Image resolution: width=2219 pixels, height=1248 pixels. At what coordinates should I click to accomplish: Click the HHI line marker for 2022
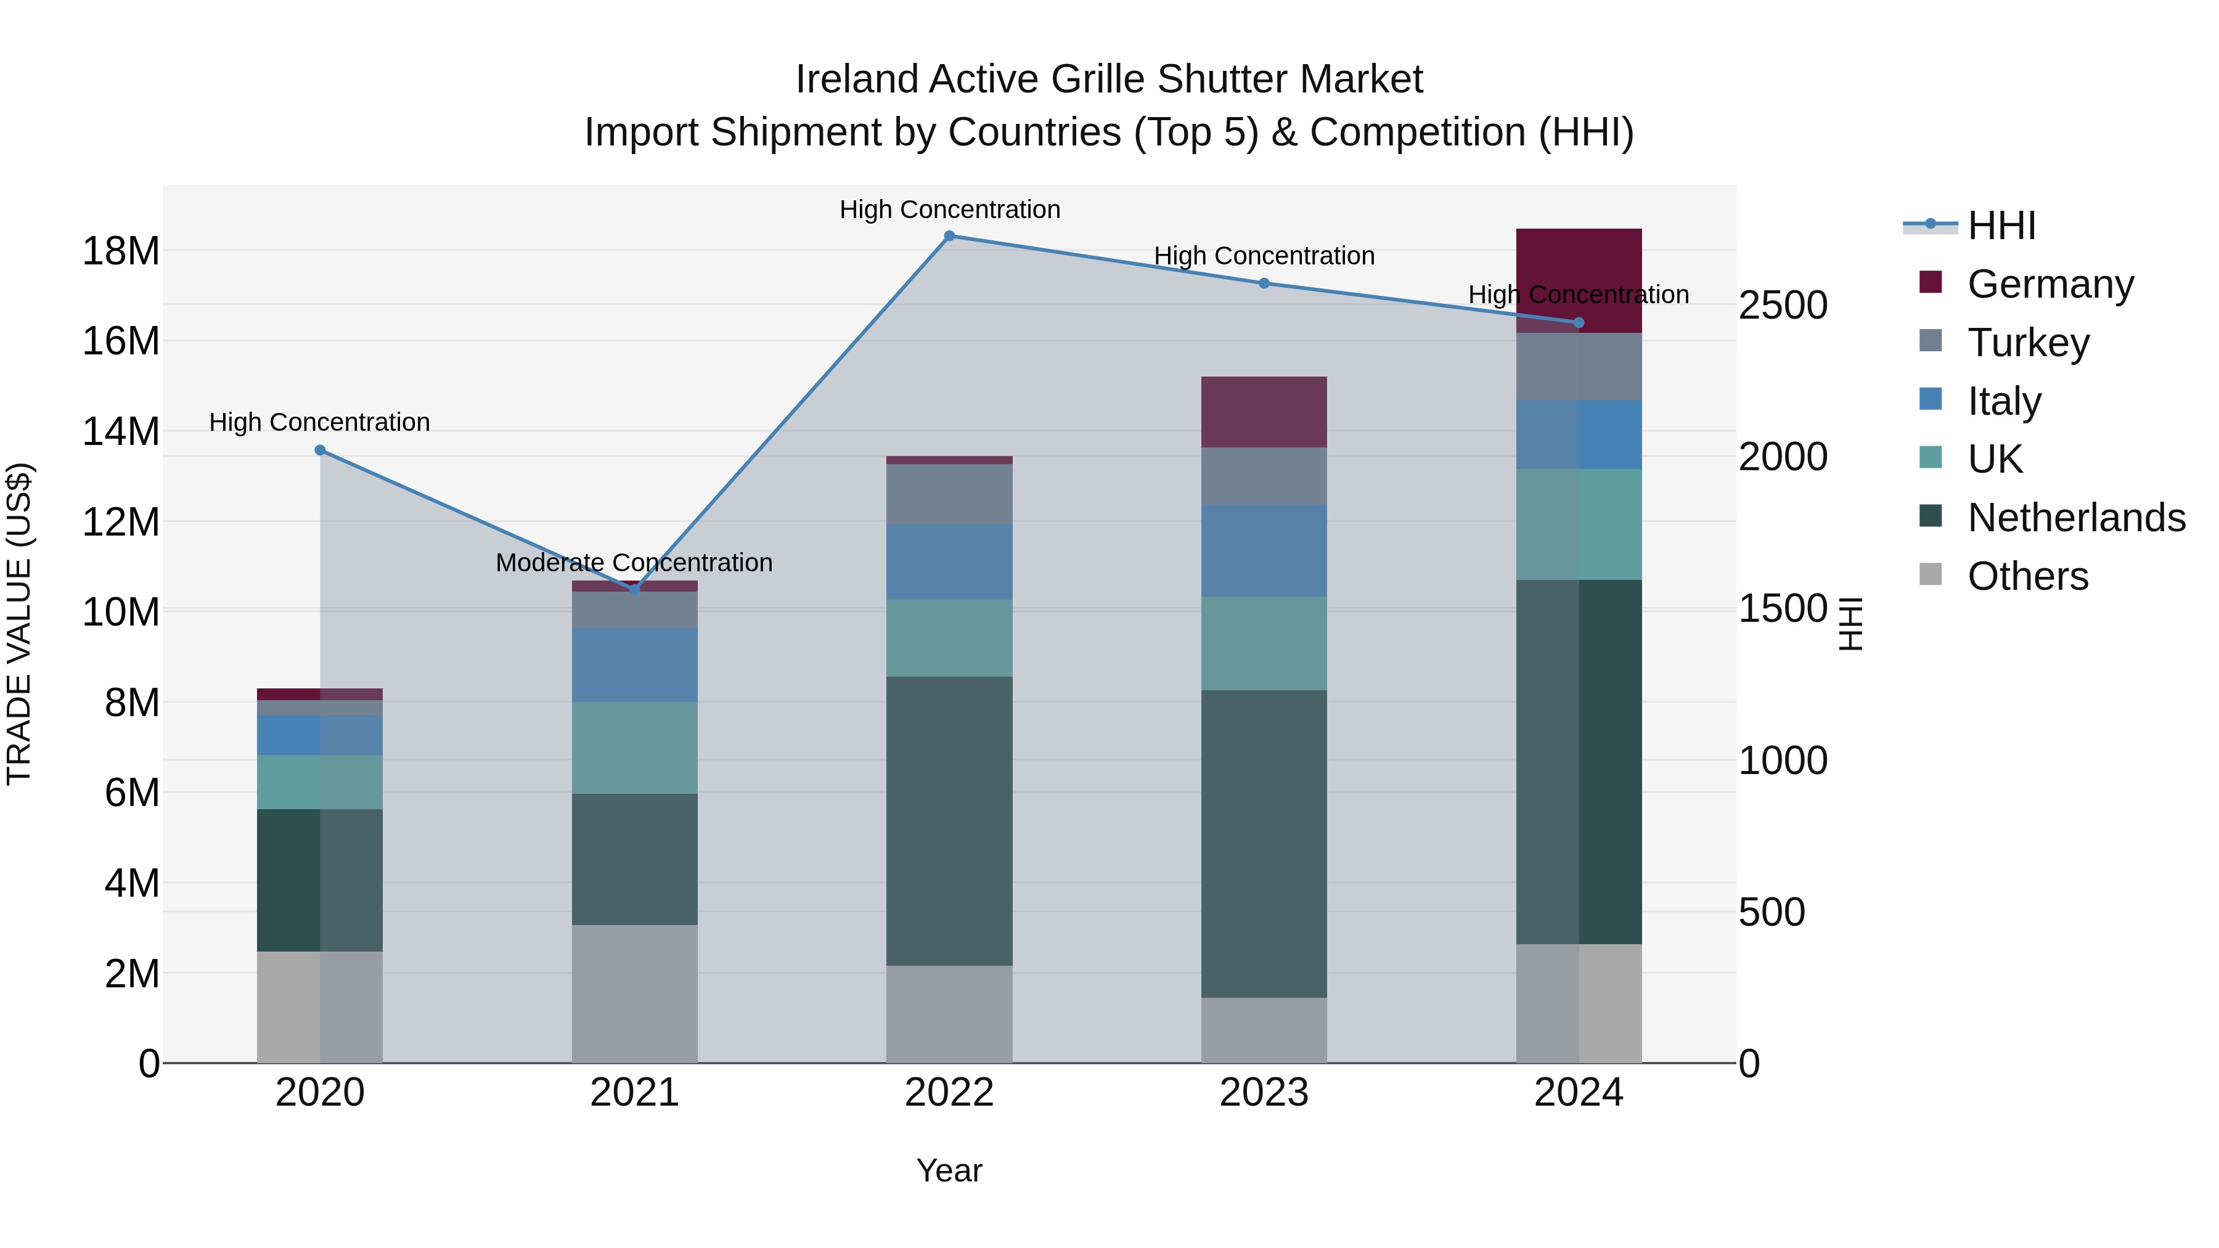[x=949, y=235]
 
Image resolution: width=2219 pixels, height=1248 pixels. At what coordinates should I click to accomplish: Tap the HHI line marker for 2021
[x=635, y=590]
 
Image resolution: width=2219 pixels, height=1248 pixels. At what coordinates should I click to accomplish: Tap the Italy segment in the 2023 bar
[x=1264, y=550]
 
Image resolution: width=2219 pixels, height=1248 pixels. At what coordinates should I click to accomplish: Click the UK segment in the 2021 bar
[x=635, y=747]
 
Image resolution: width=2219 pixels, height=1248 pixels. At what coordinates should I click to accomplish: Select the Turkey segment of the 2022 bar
[x=949, y=494]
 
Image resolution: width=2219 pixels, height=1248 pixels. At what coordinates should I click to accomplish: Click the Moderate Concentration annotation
[x=634, y=563]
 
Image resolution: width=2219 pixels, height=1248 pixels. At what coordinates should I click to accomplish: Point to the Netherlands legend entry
[x=2076, y=518]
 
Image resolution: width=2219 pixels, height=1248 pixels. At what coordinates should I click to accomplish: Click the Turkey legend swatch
[x=1931, y=340]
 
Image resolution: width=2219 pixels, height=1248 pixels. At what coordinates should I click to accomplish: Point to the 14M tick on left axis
[x=121, y=431]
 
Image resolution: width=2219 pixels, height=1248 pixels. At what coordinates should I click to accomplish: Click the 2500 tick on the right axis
[x=1782, y=305]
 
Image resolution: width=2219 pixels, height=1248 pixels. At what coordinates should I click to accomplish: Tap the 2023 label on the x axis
[x=1264, y=1093]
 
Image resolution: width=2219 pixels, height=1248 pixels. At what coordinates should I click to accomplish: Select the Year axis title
[x=949, y=1170]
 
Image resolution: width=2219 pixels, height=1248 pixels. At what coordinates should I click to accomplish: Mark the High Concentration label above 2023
[x=1264, y=256]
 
